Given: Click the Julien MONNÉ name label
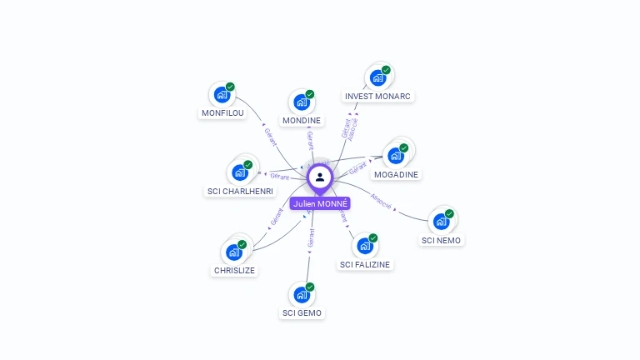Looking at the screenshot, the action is (320, 203).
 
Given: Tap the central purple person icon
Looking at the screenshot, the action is (320, 177).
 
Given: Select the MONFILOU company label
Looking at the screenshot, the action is (223, 113).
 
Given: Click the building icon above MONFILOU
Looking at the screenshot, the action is (221, 94).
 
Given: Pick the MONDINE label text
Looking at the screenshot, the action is (302, 121).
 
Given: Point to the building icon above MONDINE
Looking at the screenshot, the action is (301, 102).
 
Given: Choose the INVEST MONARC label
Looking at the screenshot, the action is (378, 97).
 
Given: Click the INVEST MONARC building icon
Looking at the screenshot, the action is (377, 78).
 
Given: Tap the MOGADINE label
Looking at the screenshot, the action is (397, 174).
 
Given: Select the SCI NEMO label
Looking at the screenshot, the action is (441, 240).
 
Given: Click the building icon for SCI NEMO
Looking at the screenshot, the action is (440, 222).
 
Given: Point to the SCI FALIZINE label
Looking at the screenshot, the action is (364, 264).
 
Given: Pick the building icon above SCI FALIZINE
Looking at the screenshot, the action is (363, 246).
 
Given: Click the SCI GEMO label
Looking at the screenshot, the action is (302, 312).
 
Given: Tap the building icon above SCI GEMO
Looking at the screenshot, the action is (301, 294).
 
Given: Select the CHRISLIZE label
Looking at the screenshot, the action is (234, 270).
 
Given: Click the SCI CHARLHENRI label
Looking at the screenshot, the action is (240, 191).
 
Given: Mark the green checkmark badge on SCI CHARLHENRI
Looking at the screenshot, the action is (247, 165).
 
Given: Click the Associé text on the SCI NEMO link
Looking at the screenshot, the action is (382, 202).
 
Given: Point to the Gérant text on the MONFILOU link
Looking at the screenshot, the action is (270, 137).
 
